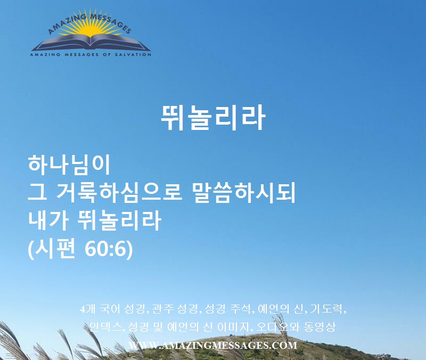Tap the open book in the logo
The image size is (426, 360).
[x=91, y=43]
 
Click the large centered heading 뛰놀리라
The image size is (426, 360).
[x=213, y=118]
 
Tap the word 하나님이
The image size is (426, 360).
[x=69, y=165]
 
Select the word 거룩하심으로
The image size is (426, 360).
[x=118, y=193]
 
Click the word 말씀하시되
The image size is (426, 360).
[x=244, y=193]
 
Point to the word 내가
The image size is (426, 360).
[x=48, y=220]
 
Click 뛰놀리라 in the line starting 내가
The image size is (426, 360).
[x=120, y=220]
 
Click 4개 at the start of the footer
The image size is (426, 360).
[x=88, y=309]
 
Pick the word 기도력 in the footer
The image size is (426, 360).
[x=327, y=309]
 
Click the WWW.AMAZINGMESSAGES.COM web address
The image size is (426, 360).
[x=213, y=345]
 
